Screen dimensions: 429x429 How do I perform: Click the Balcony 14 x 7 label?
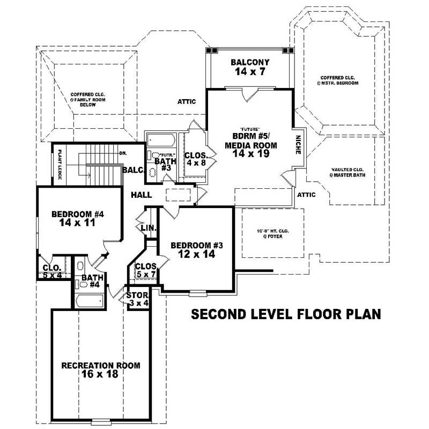250,66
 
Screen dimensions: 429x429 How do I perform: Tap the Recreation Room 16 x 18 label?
101,370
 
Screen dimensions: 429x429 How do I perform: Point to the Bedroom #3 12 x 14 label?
196,250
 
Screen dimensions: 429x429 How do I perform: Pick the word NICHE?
299,145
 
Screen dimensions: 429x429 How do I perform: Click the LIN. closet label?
148,228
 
